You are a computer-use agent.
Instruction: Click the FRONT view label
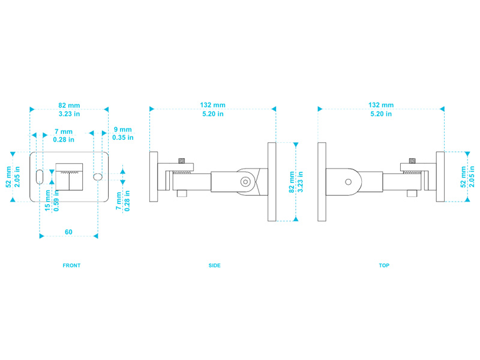click(x=71, y=265)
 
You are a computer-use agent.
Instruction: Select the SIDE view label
click(x=214, y=265)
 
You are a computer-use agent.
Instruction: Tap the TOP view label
click(x=384, y=265)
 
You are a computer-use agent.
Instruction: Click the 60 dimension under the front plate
click(x=68, y=232)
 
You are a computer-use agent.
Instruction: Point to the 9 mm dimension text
click(x=122, y=130)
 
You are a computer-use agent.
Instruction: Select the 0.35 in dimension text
click(x=122, y=138)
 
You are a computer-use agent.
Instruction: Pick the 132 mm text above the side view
click(x=212, y=105)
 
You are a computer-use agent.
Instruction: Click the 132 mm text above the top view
click(x=381, y=105)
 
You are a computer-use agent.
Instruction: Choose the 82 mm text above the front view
click(x=69, y=105)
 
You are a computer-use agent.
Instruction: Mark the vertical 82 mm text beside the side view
click(x=292, y=181)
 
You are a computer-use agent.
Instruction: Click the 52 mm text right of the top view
click(x=463, y=177)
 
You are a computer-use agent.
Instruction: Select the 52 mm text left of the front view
click(x=8, y=177)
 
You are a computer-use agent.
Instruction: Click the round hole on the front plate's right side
click(x=98, y=177)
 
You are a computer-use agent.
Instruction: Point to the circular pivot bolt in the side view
click(x=245, y=181)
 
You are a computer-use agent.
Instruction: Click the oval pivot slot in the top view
click(x=349, y=181)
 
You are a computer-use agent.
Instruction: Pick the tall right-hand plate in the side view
click(x=272, y=181)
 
